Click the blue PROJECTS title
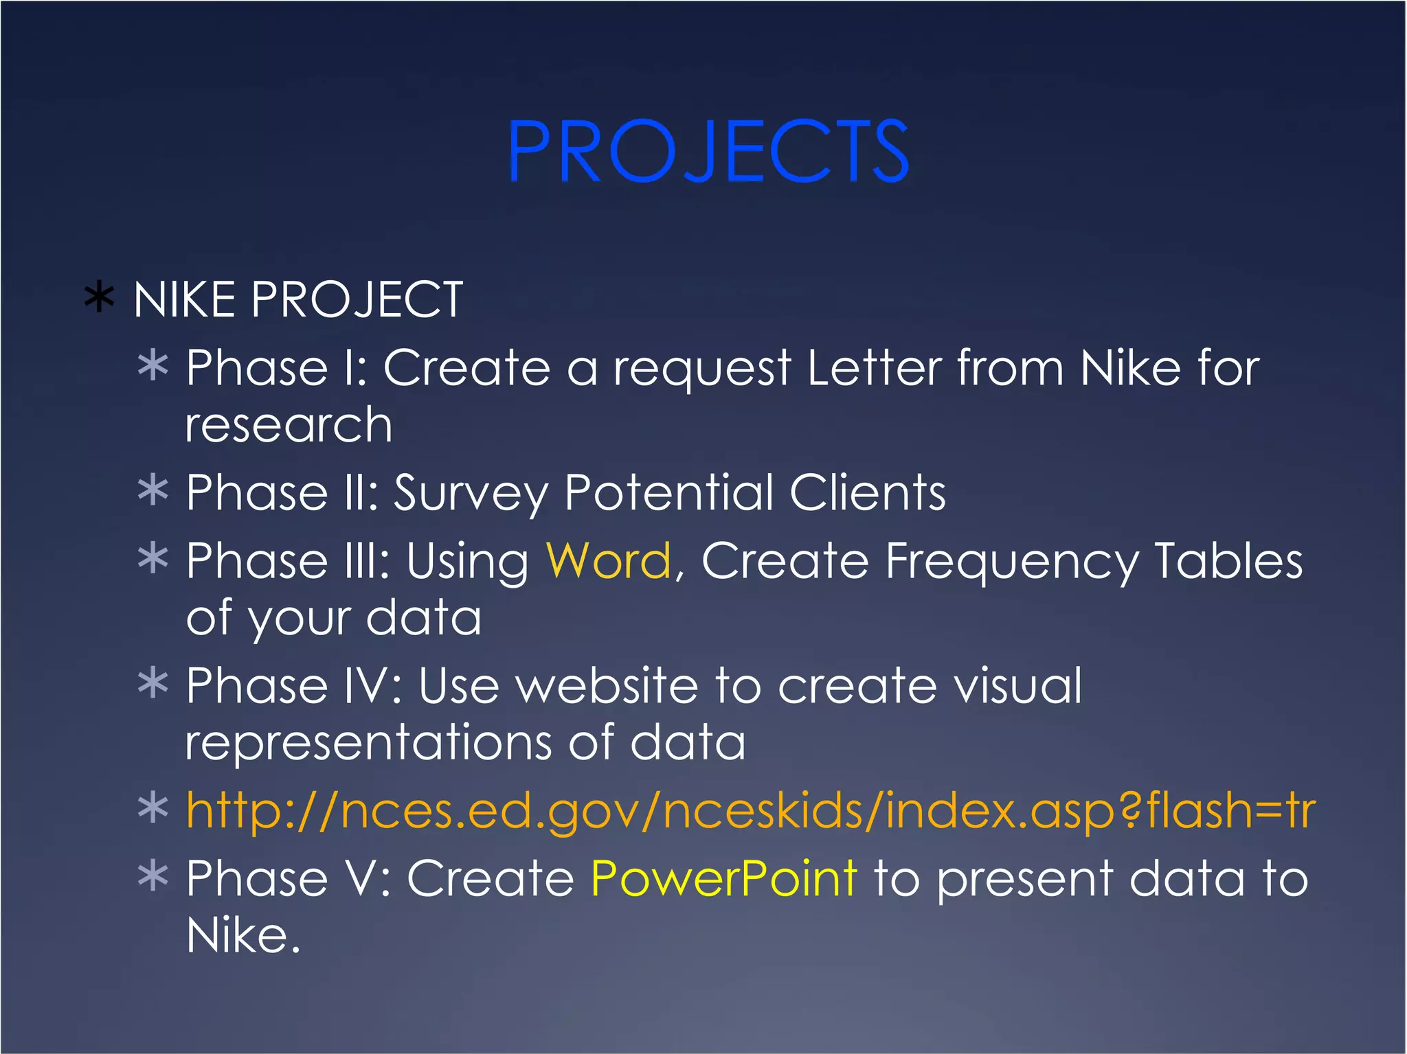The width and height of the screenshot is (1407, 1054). [x=708, y=151]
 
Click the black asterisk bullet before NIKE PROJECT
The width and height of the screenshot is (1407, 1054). [x=99, y=299]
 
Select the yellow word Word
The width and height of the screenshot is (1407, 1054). [x=608, y=561]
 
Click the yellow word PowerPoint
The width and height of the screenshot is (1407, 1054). [x=723, y=879]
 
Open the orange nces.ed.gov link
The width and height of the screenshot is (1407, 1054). [x=749, y=810]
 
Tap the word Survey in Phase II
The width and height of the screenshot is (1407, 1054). [x=471, y=494]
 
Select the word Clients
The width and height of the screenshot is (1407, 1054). [x=867, y=492]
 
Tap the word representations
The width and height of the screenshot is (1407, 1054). [x=368, y=743]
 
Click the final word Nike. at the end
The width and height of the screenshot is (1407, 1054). [x=243, y=935]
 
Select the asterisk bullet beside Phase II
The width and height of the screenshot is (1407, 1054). [x=153, y=490]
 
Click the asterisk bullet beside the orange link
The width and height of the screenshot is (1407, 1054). [x=153, y=808]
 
